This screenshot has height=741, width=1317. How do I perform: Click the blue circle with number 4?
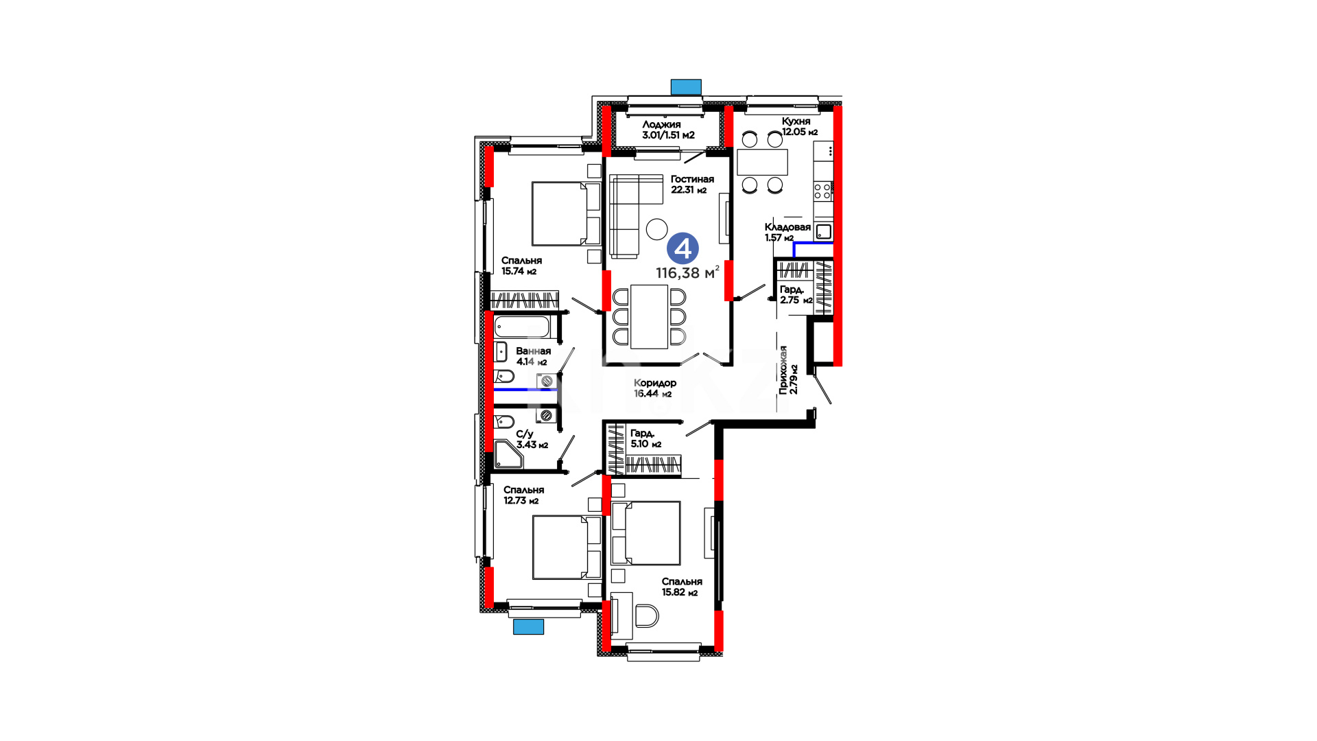683,248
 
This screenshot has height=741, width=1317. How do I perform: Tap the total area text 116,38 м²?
687,272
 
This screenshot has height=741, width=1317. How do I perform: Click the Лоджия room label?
661,124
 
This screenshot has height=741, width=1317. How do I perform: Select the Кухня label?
796,121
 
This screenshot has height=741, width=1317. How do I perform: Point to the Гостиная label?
692,179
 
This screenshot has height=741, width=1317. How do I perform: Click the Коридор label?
655,383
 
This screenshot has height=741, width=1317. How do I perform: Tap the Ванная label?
534,351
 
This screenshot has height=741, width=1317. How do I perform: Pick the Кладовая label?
787,226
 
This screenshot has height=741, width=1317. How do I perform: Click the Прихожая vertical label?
783,369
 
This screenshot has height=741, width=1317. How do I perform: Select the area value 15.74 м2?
519,271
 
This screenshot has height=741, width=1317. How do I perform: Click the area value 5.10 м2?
645,444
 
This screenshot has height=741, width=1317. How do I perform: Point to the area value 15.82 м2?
679,592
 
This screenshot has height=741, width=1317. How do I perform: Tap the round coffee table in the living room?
657,229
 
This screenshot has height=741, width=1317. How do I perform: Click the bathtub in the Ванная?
522,326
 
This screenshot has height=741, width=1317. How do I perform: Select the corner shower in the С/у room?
507,455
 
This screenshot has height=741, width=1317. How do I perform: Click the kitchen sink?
823,231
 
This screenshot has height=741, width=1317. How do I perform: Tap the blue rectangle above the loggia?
686,86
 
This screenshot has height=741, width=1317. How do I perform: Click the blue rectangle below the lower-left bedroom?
528,626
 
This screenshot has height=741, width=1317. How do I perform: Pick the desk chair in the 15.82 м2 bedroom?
646,615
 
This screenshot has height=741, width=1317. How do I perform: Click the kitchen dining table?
762,162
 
